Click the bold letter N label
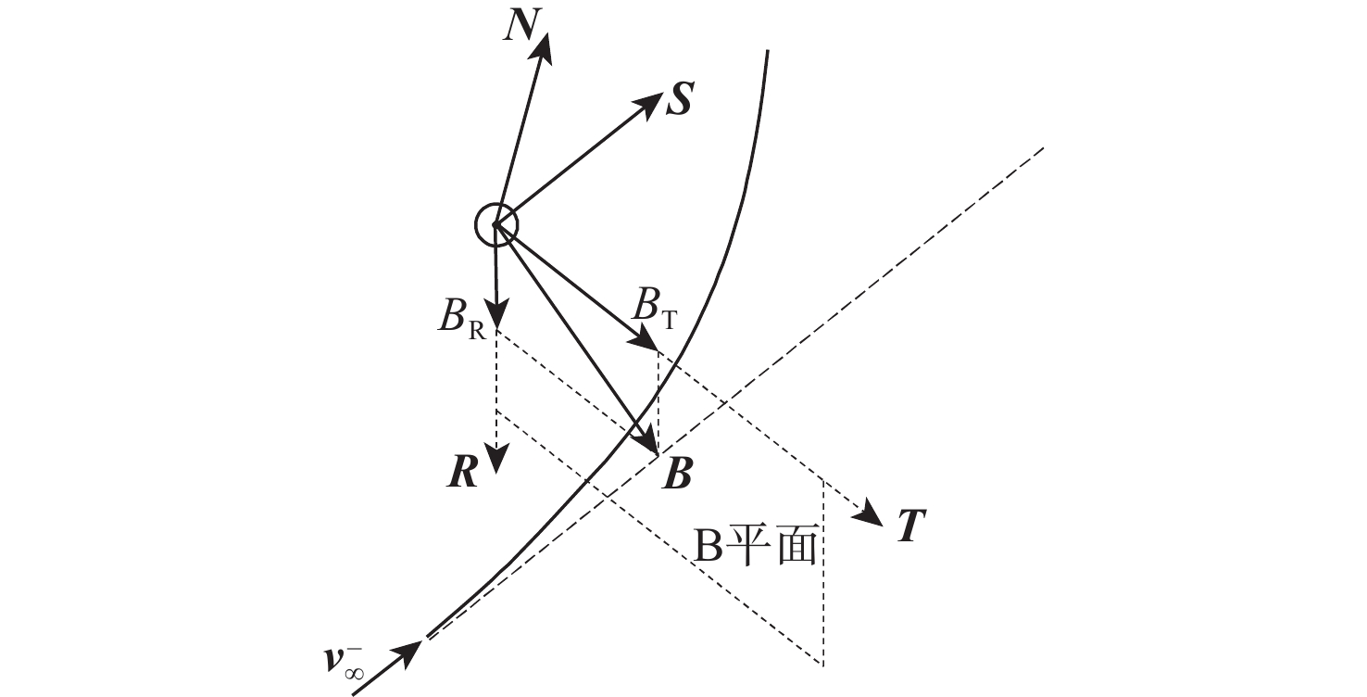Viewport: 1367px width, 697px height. [522, 26]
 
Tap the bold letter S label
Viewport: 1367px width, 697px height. [679, 99]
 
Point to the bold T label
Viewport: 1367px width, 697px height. [911, 526]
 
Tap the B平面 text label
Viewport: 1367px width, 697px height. [756, 546]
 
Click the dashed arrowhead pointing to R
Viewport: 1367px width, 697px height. [497, 459]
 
